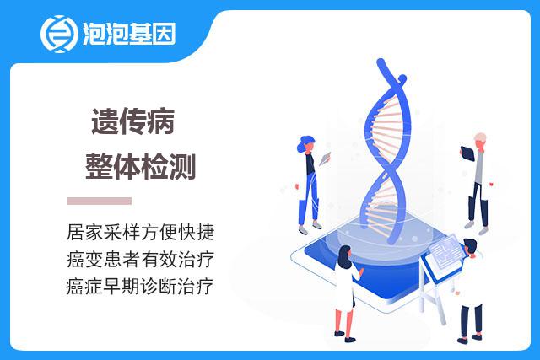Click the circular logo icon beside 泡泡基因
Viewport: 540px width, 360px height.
[58, 34]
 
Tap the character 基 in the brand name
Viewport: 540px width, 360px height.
[140, 34]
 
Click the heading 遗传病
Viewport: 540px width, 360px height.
[133, 121]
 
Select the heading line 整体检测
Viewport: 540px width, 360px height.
[141, 167]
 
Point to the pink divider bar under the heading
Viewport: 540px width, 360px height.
[100, 201]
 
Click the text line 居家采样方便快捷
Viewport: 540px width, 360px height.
[141, 232]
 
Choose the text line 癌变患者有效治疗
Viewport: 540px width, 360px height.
[141, 259]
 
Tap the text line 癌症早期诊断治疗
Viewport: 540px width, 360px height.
[140, 286]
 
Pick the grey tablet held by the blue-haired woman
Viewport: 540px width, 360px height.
[325, 159]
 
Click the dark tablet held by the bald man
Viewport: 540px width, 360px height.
[467, 153]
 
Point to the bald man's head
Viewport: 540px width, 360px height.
[480, 141]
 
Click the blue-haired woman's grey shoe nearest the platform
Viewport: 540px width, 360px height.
[317, 225]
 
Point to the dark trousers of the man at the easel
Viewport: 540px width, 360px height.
[471, 320]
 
